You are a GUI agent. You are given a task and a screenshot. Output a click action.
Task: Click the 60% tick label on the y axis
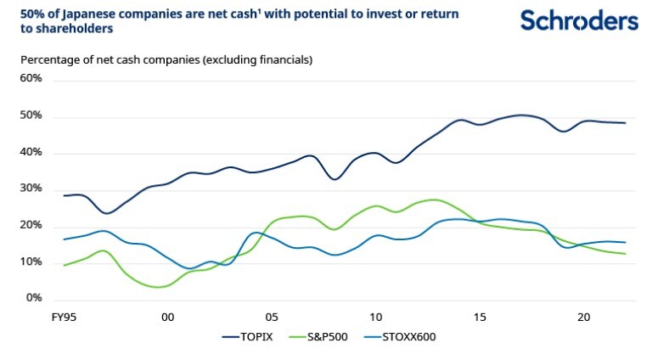(31, 78)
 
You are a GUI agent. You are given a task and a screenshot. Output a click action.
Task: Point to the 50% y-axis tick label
(31, 115)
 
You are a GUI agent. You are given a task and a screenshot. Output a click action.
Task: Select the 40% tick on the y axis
(31, 153)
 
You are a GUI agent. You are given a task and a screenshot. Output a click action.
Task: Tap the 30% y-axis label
(31, 189)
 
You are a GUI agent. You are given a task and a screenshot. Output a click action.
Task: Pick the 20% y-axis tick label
(31, 226)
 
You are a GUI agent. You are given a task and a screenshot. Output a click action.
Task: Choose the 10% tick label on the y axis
(31, 262)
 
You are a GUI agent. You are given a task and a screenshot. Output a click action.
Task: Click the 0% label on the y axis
(34, 299)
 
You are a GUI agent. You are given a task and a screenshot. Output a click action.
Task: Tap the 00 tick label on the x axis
(167, 317)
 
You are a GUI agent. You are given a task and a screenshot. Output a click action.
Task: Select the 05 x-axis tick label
(272, 317)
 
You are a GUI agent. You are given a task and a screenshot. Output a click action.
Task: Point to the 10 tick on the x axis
(375, 317)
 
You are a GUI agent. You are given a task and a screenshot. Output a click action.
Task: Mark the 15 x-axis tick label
(480, 317)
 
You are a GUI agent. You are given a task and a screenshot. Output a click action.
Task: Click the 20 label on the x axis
(584, 317)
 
